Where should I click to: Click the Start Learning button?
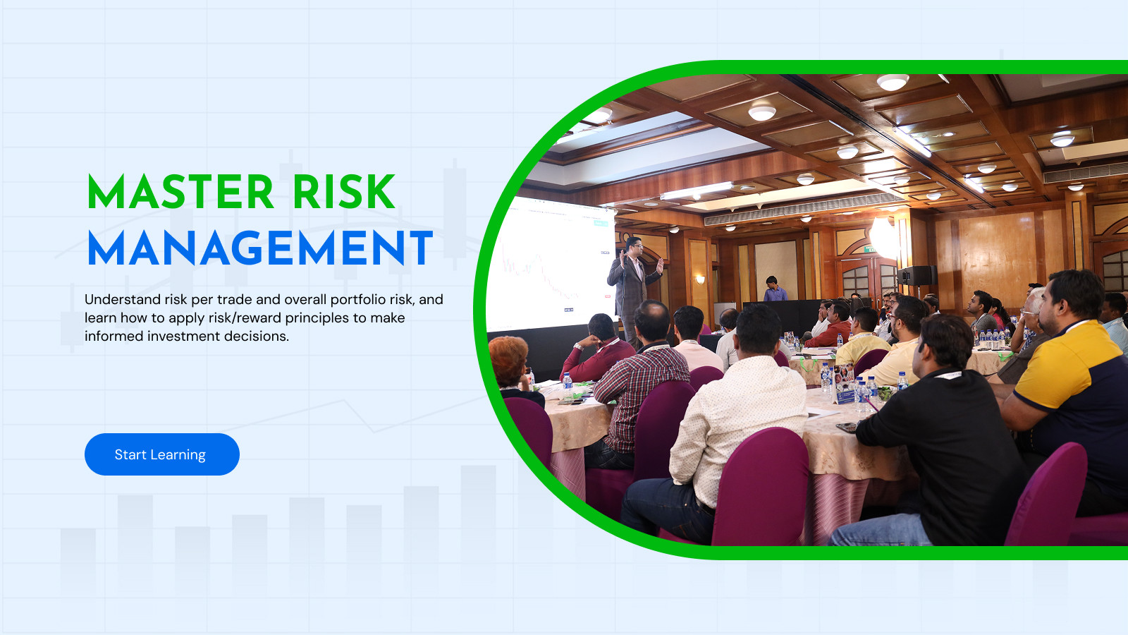[x=161, y=454]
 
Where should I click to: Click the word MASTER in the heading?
[x=180, y=191]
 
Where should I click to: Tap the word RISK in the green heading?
[x=344, y=191]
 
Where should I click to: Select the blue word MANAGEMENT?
[x=260, y=248]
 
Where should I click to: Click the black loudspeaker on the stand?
[x=917, y=276]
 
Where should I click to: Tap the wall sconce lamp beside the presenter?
[x=700, y=279]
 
